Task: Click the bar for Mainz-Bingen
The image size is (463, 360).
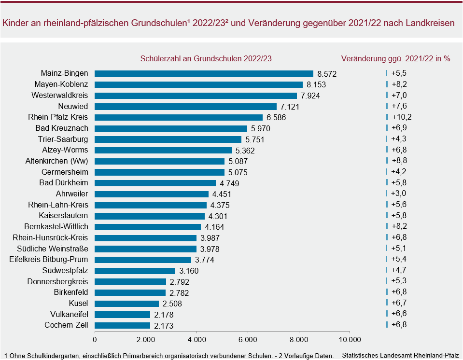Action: [x=204, y=73]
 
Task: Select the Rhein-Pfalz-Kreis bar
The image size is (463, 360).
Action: [x=179, y=117]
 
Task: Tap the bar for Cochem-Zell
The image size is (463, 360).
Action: [x=123, y=325]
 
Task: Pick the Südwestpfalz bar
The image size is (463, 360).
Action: [x=135, y=271]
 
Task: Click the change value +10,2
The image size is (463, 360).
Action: [x=402, y=117]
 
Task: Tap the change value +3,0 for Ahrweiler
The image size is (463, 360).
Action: [x=399, y=194]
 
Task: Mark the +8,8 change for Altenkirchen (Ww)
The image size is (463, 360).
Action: [x=399, y=161]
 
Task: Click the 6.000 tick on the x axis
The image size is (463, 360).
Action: [x=248, y=339]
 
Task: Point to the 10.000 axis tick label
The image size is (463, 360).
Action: [x=350, y=339]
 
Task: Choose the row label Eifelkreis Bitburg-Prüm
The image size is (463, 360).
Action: [x=49, y=260]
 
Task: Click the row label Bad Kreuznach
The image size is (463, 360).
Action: [x=62, y=128]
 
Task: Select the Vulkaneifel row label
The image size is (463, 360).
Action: [x=69, y=314]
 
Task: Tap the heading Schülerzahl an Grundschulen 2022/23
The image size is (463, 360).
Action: [x=206, y=58]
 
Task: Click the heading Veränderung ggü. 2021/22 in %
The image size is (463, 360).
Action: [x=395, y=58]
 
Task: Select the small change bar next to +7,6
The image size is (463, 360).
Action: [x=387, y=106]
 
